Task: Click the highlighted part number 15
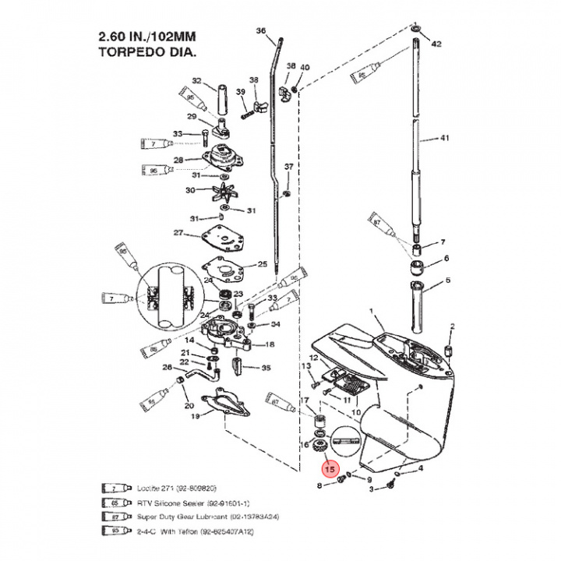click(330, 470)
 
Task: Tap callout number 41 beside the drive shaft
click(446, 138)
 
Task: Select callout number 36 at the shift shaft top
click(262, 31)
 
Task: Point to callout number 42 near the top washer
click(436, 44)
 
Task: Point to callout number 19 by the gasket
click(196, 417)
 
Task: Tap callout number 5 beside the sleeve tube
click(447, 280)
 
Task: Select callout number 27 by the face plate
click(178, 233)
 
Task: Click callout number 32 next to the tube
click(196, 81)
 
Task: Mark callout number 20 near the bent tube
click(188, 405)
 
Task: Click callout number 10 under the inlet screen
click(356, 411)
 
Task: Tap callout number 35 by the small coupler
click(266, 368)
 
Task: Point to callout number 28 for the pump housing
click(178, 161)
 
